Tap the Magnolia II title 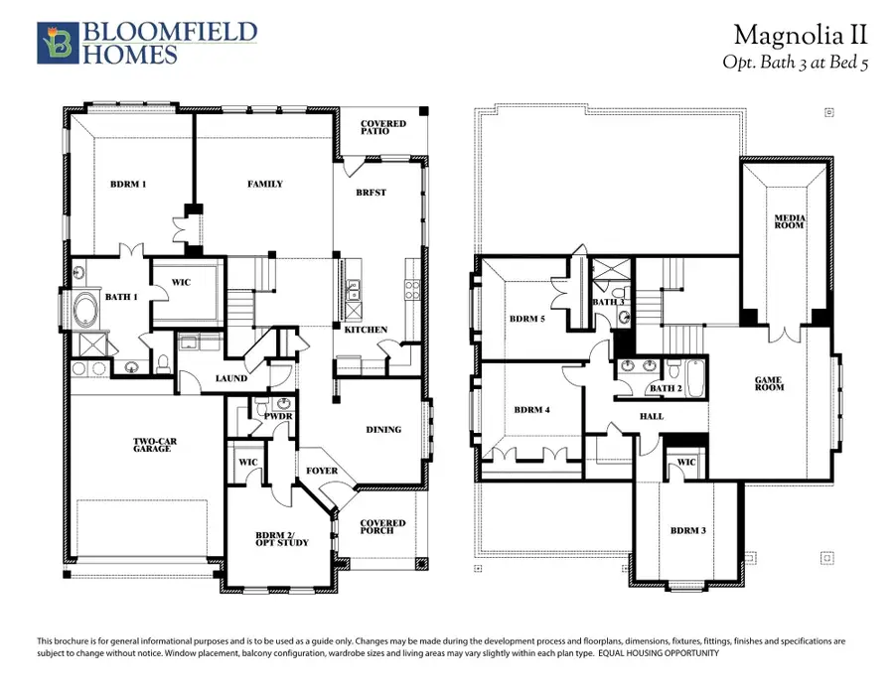[x=801, y=35]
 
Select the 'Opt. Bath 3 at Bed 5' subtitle [x=795, y=62]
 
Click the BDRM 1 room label [x=129, y=184]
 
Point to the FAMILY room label [x=264, y=184]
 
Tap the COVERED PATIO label [x=382, y=128]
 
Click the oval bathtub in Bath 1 [x=87, y=310]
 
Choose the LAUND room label [x=230, y=378]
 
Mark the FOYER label [x=322, y=471]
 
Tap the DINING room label [x=383, y=430]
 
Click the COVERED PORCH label [x=382, y=526]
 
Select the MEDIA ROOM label [x=791, y=221]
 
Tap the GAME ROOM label [x=769, y=383]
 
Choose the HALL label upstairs [x=652, y=416]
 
